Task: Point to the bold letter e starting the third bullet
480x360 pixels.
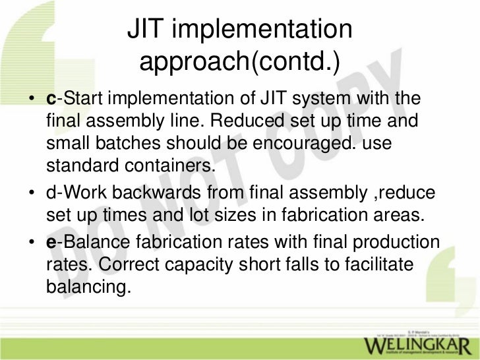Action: tap(51, 242)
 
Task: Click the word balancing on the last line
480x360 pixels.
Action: tap(86, 287)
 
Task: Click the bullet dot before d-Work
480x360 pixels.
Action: tap(32, 194)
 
